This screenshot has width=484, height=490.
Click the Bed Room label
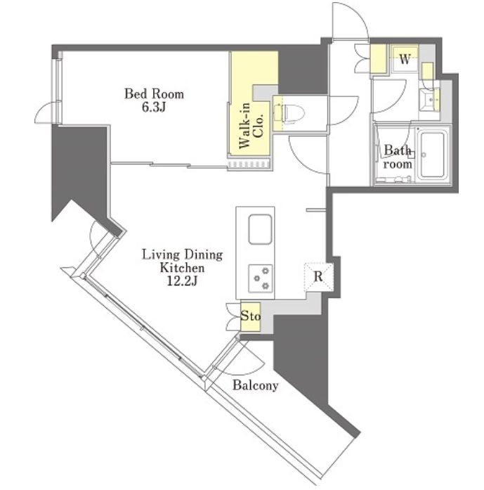[x=154, y=94]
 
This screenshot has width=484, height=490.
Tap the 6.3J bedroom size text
[x=154, y=107]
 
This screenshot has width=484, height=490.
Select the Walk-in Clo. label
[x=251, y=125]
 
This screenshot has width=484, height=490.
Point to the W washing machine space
[x=405, y=59]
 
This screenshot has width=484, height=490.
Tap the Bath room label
[x=397, y=157]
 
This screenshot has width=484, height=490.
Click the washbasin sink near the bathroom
[x=429, y=99]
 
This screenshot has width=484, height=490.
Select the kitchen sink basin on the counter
[x=260, y=229]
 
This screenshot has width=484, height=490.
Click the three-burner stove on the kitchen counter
[x=261, y=278]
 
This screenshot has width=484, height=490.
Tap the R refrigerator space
[x=318, y=276]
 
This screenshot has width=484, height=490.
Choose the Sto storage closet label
[x=251, y=316]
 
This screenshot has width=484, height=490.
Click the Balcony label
[x=255, y=385]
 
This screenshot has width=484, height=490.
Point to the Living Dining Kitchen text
[x=183, y=262]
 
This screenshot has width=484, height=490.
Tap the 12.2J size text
[x=182, y=281]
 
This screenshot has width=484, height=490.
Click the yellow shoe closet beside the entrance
[x=379, y=59]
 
